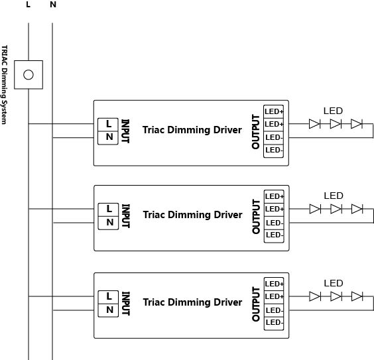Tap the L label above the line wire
click(x=28, y=5)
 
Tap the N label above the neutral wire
click(x=53, y=5)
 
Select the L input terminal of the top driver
click(x=108, y=125)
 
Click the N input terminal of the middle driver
click(x=109, y=223)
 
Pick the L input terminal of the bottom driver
click(x=108, y=297)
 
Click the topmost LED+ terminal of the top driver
click(x=274, y=111)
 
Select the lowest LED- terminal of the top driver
click(x=274, y=151)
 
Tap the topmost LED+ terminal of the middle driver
click(x=274, y=196)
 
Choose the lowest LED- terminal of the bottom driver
click(x=274, y=324)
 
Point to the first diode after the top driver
click(x=314, y=124)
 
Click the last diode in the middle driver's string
click(x=357, y=209)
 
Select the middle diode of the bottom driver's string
click(x=336, y=296)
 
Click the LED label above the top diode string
click(x=333, y=111)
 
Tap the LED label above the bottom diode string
click(x=334, y=283)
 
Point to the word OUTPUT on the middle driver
click(x=256, y=217)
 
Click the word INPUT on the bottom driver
click(x=126, y=304)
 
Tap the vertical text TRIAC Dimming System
click(x=4, y=85)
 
